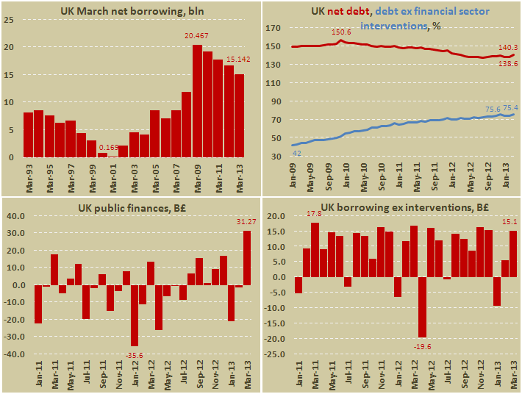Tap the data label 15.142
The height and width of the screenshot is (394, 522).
tap(241, 60)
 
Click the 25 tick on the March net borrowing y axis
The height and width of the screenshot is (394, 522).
tap(9, 20)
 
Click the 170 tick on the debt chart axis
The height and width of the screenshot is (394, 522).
tap(274, 29)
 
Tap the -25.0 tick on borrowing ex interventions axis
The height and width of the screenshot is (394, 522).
tap(276, 354)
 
